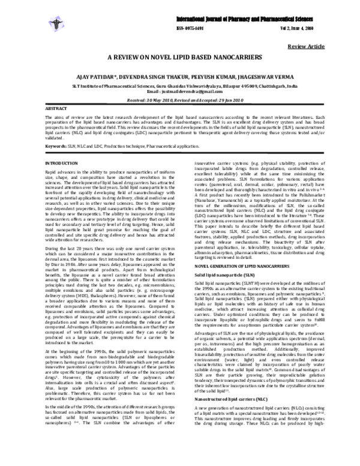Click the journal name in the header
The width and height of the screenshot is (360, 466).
245,10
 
